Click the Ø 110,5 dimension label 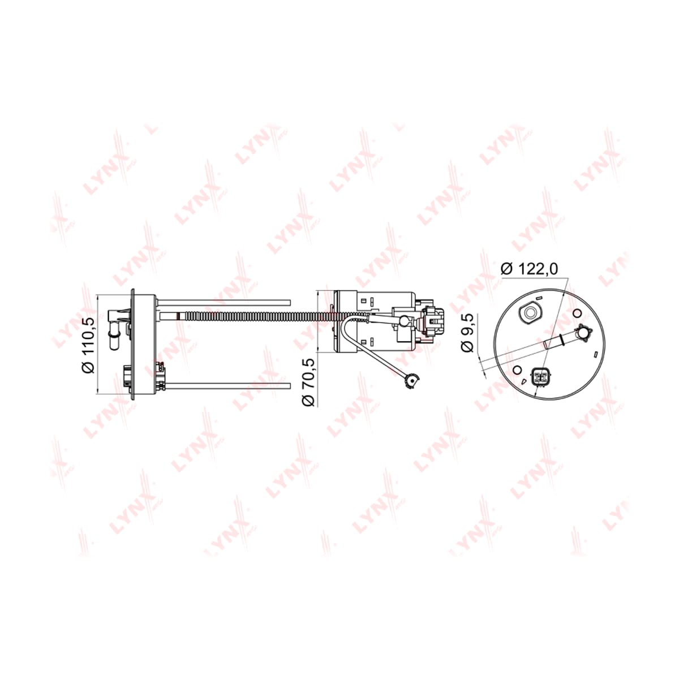pyautogui.click(x=88, y=345)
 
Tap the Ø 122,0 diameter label pyautogui.click(x=529, y=269)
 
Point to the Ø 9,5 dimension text pyautogui.click(x=469, y=333)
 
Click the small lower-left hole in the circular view pyautogui.click(x=518, y=370)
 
